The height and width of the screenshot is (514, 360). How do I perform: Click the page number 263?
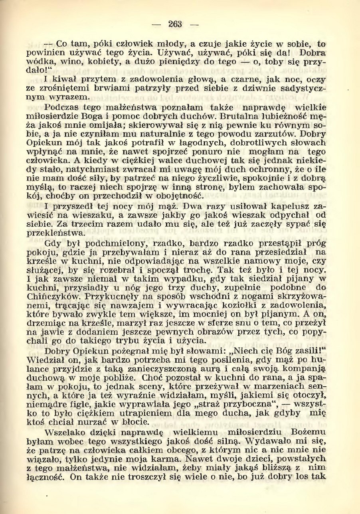(174, 24)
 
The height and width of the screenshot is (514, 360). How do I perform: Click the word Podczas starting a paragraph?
(60, 107)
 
